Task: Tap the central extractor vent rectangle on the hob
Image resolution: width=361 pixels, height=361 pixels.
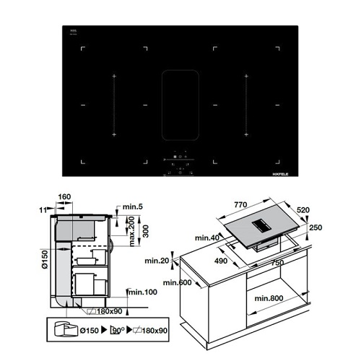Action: pyautogui.click(x=180, y=105)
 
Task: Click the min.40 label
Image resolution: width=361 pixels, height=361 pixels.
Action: pyautogui.click(x=207, y=237)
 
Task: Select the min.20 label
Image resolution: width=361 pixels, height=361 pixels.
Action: pyautogui.click(x=157, y=260)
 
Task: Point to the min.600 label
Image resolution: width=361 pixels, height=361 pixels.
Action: pyautogui.click(x=177, y=282)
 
